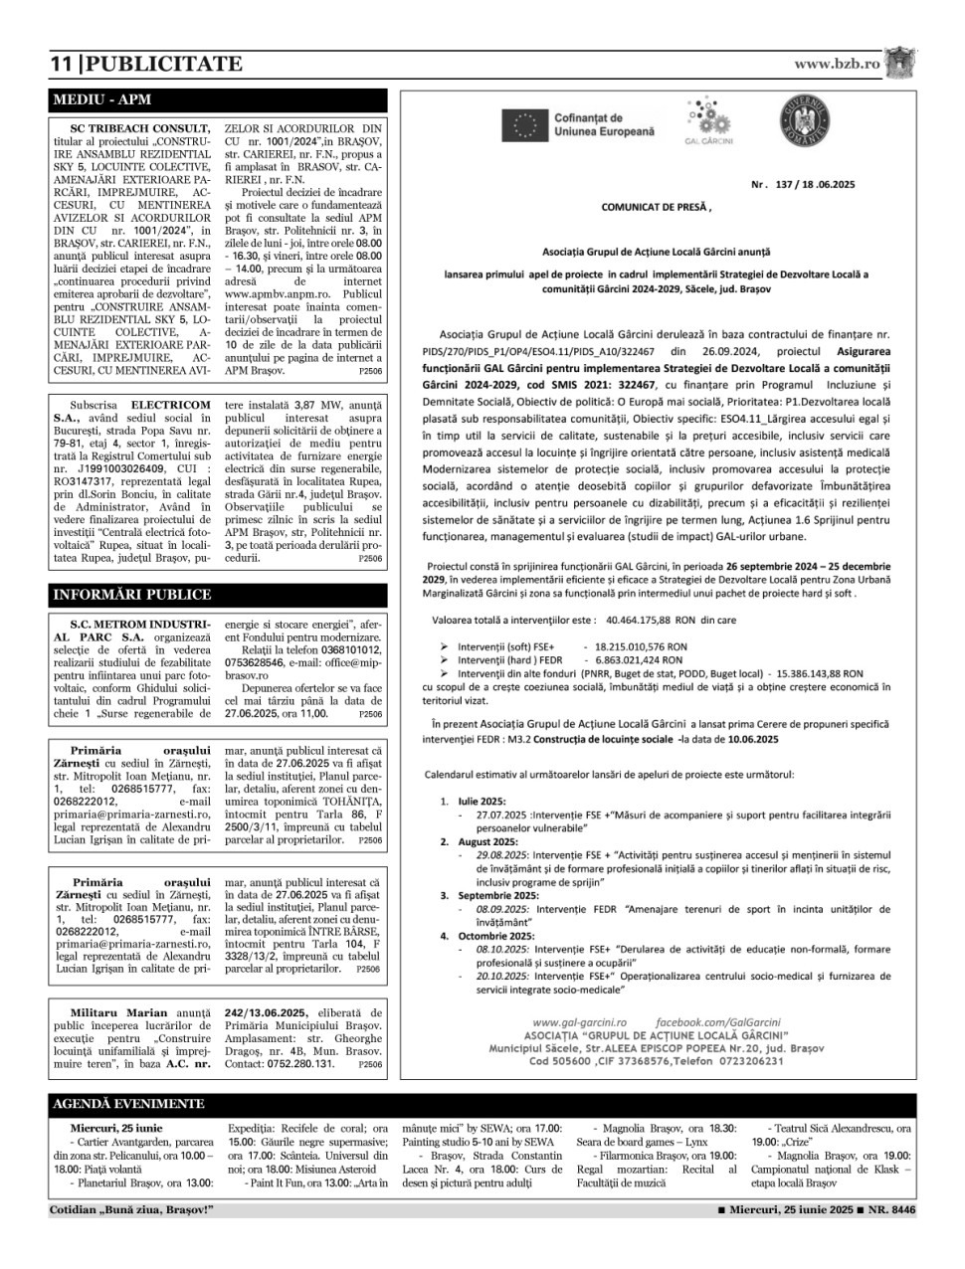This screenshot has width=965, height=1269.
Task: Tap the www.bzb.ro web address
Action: coord(837,64)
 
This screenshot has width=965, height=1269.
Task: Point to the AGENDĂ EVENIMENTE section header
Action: coord(128,1104)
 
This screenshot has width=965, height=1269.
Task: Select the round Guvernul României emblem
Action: coord(803,123)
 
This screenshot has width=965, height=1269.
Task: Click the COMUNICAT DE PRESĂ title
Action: coord(657,208)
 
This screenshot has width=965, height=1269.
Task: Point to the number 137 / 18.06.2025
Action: coord(803,185)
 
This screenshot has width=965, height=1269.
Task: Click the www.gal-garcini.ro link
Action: coord(579,1022)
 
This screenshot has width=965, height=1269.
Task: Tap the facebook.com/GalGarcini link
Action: coord(718,1022)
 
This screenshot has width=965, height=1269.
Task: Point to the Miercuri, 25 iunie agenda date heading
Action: coord(116,1129)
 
